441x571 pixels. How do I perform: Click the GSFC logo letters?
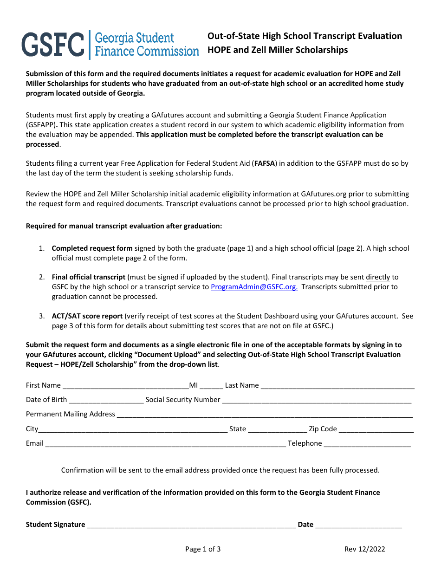pyautogui.click(x=52, y=45)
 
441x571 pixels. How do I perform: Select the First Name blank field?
pyautogui.click(x=125, y=385)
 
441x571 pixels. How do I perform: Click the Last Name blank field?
pyautogui.click(x=337, y=385)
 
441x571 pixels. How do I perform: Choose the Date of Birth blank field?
pyautogui.click(x=106, y=400)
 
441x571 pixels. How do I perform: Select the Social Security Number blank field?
pyautogui.click(x=317, y=400)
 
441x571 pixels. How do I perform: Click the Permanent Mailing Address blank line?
pyautogui.click(x=265, y=414)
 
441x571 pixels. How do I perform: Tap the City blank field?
pyautogui.click(x=133, y=429)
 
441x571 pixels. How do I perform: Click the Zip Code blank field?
pyautogui.click(x=376, y=429)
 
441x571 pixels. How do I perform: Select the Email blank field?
pyautogui.click(x=165, y=443)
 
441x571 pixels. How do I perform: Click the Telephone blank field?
pyautogui.click(x=367, y=443)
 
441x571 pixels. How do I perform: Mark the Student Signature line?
pyautogui.click(x=191, y=525)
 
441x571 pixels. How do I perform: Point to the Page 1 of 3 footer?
pyautogui.click(x=203, y=549)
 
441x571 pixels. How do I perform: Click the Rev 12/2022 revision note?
pyautogui.click(x=364, y=549)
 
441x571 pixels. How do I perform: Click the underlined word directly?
pyautogui.click(x=378, y=277)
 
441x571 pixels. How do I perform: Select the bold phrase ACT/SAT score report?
pyautogui.click(x=87, y=316)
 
